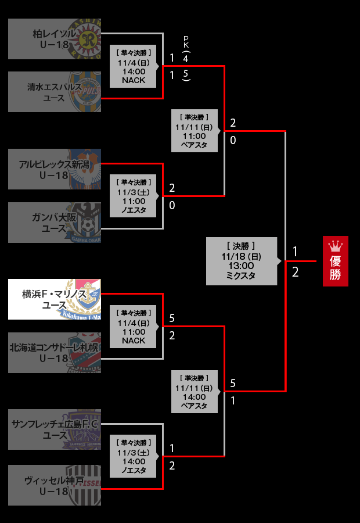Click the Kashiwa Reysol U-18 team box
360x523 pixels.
[55, 39]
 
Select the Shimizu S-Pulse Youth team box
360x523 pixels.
[55, 92]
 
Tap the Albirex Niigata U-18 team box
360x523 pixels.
[55, 169]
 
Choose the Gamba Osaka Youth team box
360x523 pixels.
[55, 223]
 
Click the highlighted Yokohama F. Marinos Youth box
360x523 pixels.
[55, 299]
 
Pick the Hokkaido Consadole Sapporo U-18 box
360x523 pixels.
[55, 353]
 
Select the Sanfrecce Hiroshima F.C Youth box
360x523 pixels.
[55, 429]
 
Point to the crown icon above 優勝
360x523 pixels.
[335, 245]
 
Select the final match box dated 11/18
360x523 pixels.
[241, 261]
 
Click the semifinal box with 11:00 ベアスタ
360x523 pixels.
[194, 131]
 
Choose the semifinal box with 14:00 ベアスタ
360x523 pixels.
[194, 392]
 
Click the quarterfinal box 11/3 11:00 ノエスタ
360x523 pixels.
[134, 196]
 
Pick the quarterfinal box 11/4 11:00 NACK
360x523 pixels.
[134, 327]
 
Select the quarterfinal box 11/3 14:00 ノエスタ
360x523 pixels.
[134, 457]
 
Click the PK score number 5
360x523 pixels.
[186, 74]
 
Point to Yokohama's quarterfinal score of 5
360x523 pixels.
[172, 318]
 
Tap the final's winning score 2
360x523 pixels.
[295, 272]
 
